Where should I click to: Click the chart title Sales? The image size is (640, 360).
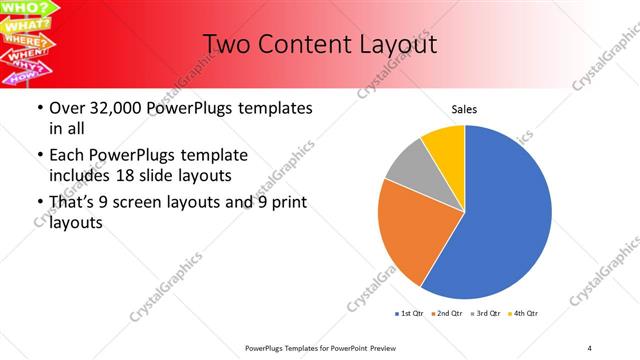pyautogui.click(x=465, y=109)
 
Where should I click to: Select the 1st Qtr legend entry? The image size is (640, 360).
pyautogui.click(x=409, y=314)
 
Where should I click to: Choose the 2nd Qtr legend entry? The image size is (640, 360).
pyautogui.click(x=447, y=314)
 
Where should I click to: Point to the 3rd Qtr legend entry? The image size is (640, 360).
pyautogui.click(x=485, y=314)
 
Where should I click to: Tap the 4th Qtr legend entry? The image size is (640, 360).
pyautogui.click(x=523, y=314)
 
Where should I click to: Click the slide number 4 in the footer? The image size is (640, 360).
pyautogui.click(x=589, y=347)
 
